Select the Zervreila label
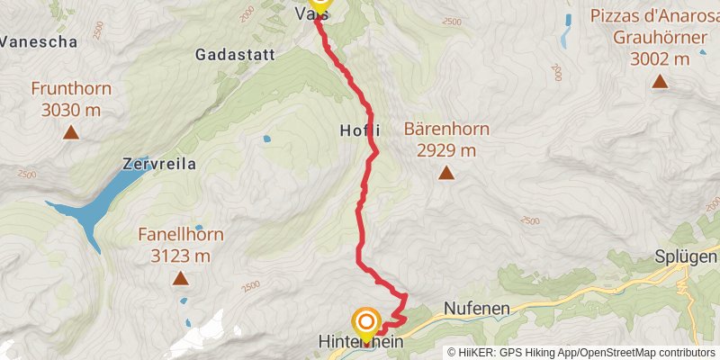pyautogui.click(x=158, y=164)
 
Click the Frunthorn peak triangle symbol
pyautogui.click(x=70, y=134)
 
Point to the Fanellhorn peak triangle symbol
pyautogui.click(x=181, y=279)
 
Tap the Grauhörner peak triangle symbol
pyautogui.click(x=660, y=82)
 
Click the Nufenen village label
pyautogui.click(x=477, y=309)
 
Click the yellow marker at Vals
pyautogui.click(x=319, y=4)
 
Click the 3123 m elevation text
pyautogui.click(x=181, y=255)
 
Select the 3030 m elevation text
pyautogui.click(x=70, y=110)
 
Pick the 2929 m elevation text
pyautogui.click(x=446, y=149)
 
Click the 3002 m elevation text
pyautogui.click(x=661, y=58)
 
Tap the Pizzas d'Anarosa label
pyautogui.click(x=654, y=16)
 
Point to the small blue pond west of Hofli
pyautogui.click(x=266, y=139)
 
